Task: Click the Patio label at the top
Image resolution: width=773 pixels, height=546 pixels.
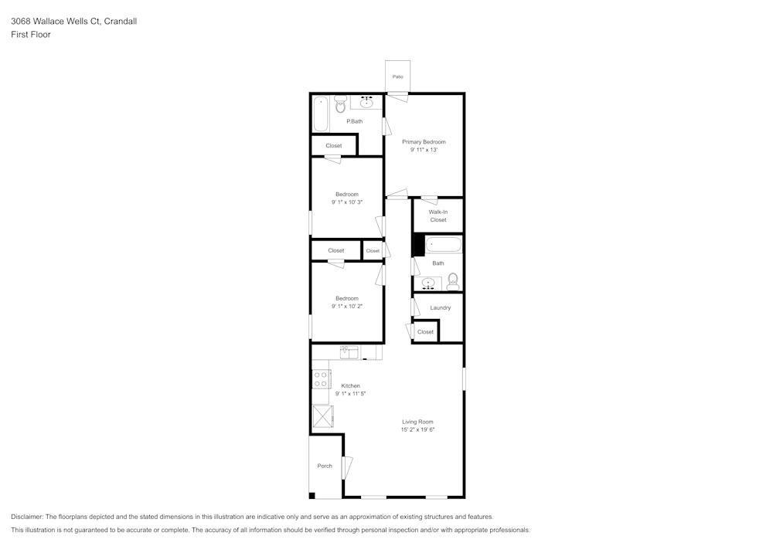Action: [x=397, y=76]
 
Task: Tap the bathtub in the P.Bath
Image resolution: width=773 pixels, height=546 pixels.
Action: [x=321, y=114]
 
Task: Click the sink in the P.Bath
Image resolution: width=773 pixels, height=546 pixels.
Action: [x=367, y=102]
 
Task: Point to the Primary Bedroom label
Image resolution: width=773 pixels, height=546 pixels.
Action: [x=424, y=141]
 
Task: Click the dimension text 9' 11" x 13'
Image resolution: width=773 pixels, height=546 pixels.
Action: [x=424, y=150]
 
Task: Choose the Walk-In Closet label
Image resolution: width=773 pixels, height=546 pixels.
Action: [x=438, y=215]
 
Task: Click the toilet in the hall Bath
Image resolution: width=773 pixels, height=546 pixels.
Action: [x=453, y=281]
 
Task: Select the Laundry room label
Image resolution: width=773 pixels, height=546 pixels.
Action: [x=440, y=307]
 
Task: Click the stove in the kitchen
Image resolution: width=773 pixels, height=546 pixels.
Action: [x=321, y=378]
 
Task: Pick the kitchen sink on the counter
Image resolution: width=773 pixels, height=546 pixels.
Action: [x=349, y=352]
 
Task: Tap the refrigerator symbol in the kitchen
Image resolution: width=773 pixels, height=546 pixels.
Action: [x=322, y=417]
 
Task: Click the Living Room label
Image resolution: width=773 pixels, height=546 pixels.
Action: [x=417, y=422]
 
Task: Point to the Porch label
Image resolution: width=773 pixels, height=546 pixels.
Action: [x=325, y=466]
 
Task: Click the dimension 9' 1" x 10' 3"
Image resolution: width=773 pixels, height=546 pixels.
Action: [x=346, y=202]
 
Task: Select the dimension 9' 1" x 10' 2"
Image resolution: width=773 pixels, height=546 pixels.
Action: [x=346, y=307]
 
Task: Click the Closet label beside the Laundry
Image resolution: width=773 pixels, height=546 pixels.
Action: [x=425, y=332]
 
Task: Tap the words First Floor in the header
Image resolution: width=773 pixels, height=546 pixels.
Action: [x=31, y=35]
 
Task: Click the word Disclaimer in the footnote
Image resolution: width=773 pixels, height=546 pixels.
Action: [x=27, y=517]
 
